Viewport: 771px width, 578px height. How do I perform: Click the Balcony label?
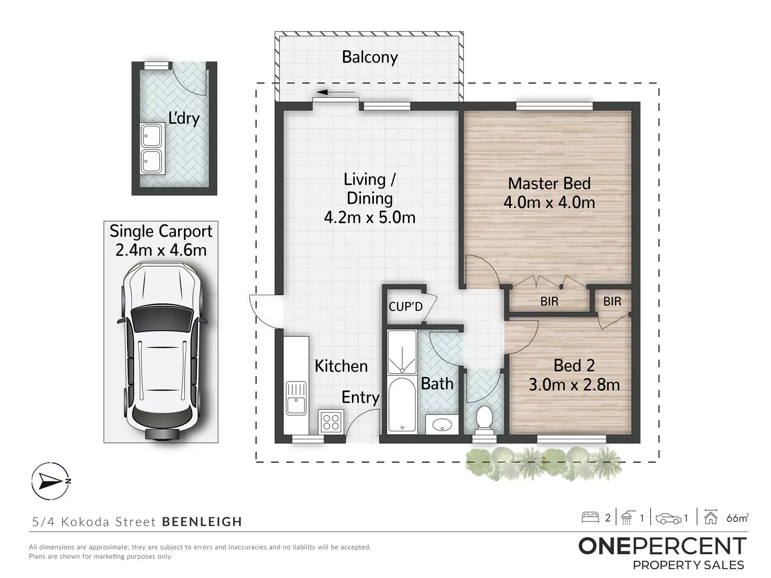(369, 57)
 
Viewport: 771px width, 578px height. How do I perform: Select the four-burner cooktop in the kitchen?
(331, 422)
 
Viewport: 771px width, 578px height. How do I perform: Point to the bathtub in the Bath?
(402, 405)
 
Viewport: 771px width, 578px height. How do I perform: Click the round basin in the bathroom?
(442, 425)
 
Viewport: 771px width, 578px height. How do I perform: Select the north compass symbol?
(50, 481)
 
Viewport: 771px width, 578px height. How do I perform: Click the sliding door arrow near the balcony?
(335, 93)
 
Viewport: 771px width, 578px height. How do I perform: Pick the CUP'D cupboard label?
(405, 307)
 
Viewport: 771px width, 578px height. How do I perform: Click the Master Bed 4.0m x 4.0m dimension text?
(549, 203)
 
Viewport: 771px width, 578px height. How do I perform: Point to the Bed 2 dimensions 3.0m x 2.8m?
(574, 385)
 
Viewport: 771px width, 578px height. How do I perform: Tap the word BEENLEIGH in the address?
(202, 521)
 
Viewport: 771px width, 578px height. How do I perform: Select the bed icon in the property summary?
(590, 518)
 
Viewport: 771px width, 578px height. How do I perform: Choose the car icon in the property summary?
(669, 518)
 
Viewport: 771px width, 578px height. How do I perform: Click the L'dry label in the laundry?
(184, 119)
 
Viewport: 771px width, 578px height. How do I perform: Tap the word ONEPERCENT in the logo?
(663, 547)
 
